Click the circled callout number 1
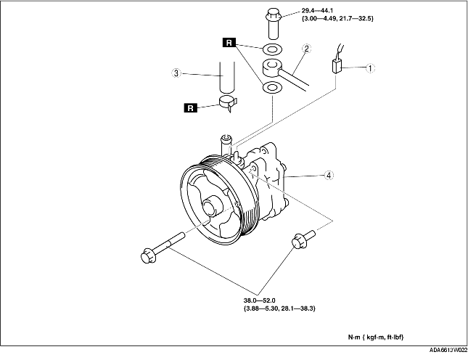(370, 68)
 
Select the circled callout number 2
(306, 49)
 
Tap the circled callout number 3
(176, 73)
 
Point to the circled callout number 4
(329, 175)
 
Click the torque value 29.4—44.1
(317, 11)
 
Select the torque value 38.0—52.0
(259, 300)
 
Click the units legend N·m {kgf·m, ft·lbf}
(376, 337)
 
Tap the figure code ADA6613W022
(448, 350)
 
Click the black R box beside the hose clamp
(191, 107)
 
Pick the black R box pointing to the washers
(229, 43)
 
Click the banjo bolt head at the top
(273, 14)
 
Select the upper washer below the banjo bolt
(273, 49)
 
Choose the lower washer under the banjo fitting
(272, 88)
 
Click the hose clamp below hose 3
(228, 102)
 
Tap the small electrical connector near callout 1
(337, 66)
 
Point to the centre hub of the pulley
(212, 206)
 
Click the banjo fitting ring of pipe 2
(272, 67)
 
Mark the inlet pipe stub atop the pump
(226, 144)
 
